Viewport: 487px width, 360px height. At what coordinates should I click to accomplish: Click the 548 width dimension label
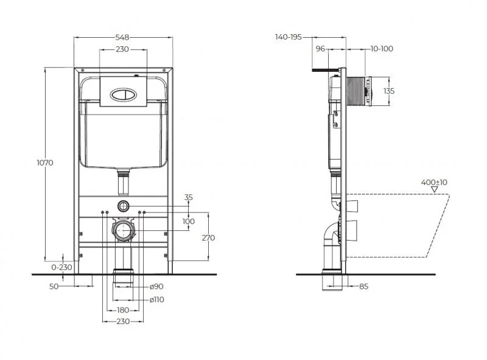tap(122, 37)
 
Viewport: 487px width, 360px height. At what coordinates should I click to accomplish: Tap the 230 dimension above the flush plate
tap(122, 49)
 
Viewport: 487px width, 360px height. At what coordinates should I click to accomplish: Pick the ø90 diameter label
tap(156, 286)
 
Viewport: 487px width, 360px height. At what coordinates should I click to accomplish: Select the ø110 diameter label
tap(158, 298)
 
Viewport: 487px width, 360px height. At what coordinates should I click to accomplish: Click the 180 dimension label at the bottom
tap(122, 310)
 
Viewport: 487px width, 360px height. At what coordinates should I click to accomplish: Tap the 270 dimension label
tap(208, 238)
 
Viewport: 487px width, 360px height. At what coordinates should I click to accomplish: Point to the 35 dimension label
tap(188, 197)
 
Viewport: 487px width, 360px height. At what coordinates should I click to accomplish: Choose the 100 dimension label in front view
tap(189, 221)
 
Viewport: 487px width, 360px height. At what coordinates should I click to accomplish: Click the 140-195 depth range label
tap(289, 37)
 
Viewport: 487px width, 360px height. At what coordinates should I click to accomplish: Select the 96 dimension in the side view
tap(321, 49)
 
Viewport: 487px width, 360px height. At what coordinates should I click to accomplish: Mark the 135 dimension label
tap(389, 91)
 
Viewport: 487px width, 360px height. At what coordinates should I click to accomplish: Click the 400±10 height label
tap(434, 182)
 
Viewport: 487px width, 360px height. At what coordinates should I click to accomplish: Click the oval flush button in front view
tap(122, 94)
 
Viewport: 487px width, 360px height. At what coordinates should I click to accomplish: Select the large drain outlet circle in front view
tap(123, 231)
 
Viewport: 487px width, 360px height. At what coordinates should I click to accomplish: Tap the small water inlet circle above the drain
tap(123, 205)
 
